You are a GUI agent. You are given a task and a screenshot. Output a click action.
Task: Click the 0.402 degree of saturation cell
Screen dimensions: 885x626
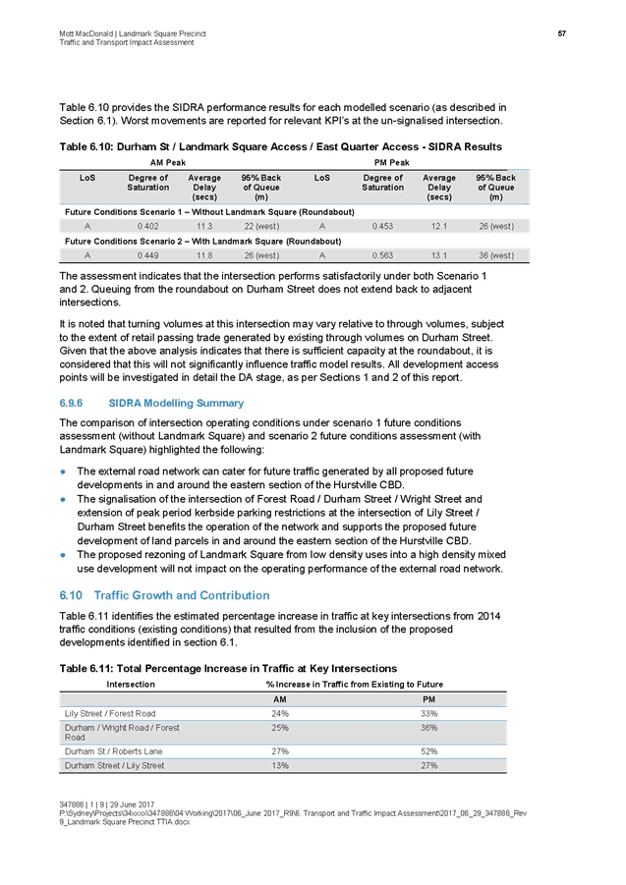(149, 226)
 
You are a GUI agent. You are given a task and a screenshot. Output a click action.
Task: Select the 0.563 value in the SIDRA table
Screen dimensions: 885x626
(382, 255)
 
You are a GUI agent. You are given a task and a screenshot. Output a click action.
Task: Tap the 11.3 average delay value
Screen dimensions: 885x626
(204, 226)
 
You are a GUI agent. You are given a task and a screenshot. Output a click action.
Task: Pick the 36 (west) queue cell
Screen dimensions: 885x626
(495, 255)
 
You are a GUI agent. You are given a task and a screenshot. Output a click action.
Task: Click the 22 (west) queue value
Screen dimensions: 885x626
(261, 226)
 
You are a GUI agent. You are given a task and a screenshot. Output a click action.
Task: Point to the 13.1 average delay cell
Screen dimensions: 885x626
(438, 255)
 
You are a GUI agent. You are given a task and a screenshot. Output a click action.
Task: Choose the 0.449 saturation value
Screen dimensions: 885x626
(149, 255)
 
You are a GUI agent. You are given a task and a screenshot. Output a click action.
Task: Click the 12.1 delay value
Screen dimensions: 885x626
(438, 226)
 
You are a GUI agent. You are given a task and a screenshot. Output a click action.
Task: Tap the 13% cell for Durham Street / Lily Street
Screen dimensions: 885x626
(279, 765)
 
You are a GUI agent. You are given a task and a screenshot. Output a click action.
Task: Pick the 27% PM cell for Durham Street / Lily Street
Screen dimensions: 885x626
(428, 765)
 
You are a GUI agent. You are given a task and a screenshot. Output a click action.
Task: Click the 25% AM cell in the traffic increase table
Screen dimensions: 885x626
(279, 728)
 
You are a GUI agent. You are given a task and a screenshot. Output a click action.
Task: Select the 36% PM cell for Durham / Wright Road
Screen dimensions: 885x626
(428, 728)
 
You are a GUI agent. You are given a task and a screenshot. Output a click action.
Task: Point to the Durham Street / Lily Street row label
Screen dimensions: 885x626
(114, 765)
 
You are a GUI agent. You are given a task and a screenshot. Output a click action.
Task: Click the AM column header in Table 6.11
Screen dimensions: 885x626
(279, 698)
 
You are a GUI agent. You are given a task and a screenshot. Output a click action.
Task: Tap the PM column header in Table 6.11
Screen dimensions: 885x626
(428, 698)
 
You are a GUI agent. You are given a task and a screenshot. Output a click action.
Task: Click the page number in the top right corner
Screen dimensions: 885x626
(562, 35)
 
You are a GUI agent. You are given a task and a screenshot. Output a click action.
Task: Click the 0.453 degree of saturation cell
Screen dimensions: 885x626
(382, 226)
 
